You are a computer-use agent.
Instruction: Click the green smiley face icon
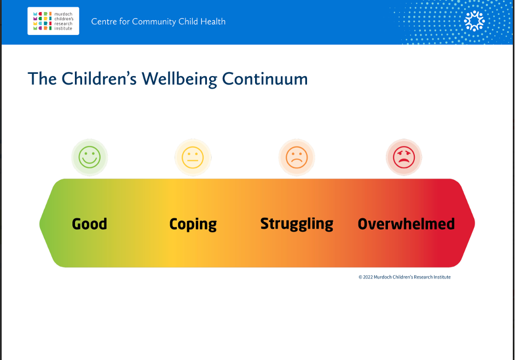tap(90, 158)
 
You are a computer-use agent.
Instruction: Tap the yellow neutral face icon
tap(193, 158)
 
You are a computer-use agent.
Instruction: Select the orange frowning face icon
tap(297, 158)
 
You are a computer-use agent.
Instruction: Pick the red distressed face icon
tap(404, 158)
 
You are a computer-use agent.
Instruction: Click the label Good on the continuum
tap(89, 224)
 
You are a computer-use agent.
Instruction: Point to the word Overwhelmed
tap(406, 224)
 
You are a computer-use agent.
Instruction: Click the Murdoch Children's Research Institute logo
tap(53, 21)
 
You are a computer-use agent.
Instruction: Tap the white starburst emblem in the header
tap(475, 21)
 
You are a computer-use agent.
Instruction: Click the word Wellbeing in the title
tap(180, 79)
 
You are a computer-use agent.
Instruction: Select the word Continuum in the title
tap(265, 79)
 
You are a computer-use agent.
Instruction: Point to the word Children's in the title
tap(99, 79)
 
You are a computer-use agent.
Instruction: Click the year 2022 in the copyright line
tap(368, 277)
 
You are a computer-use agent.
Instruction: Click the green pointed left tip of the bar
tap(40, 223)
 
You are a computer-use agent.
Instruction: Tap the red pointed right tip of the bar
tap(475, 223)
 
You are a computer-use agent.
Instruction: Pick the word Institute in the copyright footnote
tap(442, 277)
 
